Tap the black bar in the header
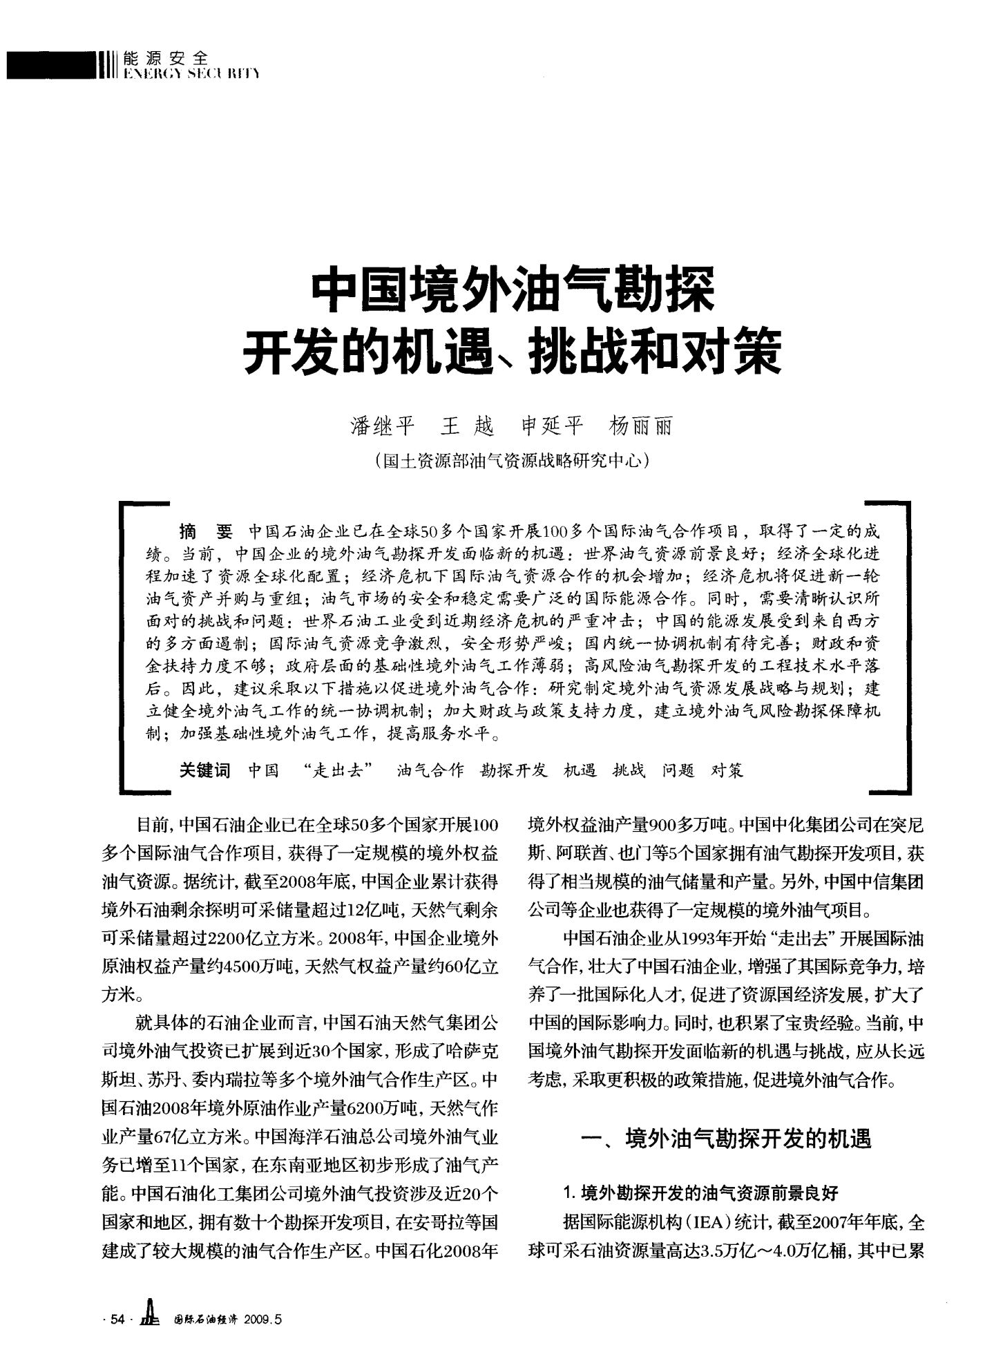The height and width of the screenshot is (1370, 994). [48, 66]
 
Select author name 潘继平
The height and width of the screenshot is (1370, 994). [383, 426]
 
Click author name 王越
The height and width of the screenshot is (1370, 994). [468, 426]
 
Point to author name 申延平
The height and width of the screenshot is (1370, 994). [553, 426]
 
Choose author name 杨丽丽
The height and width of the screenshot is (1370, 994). [640, 426]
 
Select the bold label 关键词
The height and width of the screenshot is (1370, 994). [204, 770]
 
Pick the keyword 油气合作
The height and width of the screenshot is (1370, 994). [430, 770]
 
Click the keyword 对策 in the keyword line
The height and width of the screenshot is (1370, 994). [727, 770]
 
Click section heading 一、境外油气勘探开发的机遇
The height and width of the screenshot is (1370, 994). [726, 1138]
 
